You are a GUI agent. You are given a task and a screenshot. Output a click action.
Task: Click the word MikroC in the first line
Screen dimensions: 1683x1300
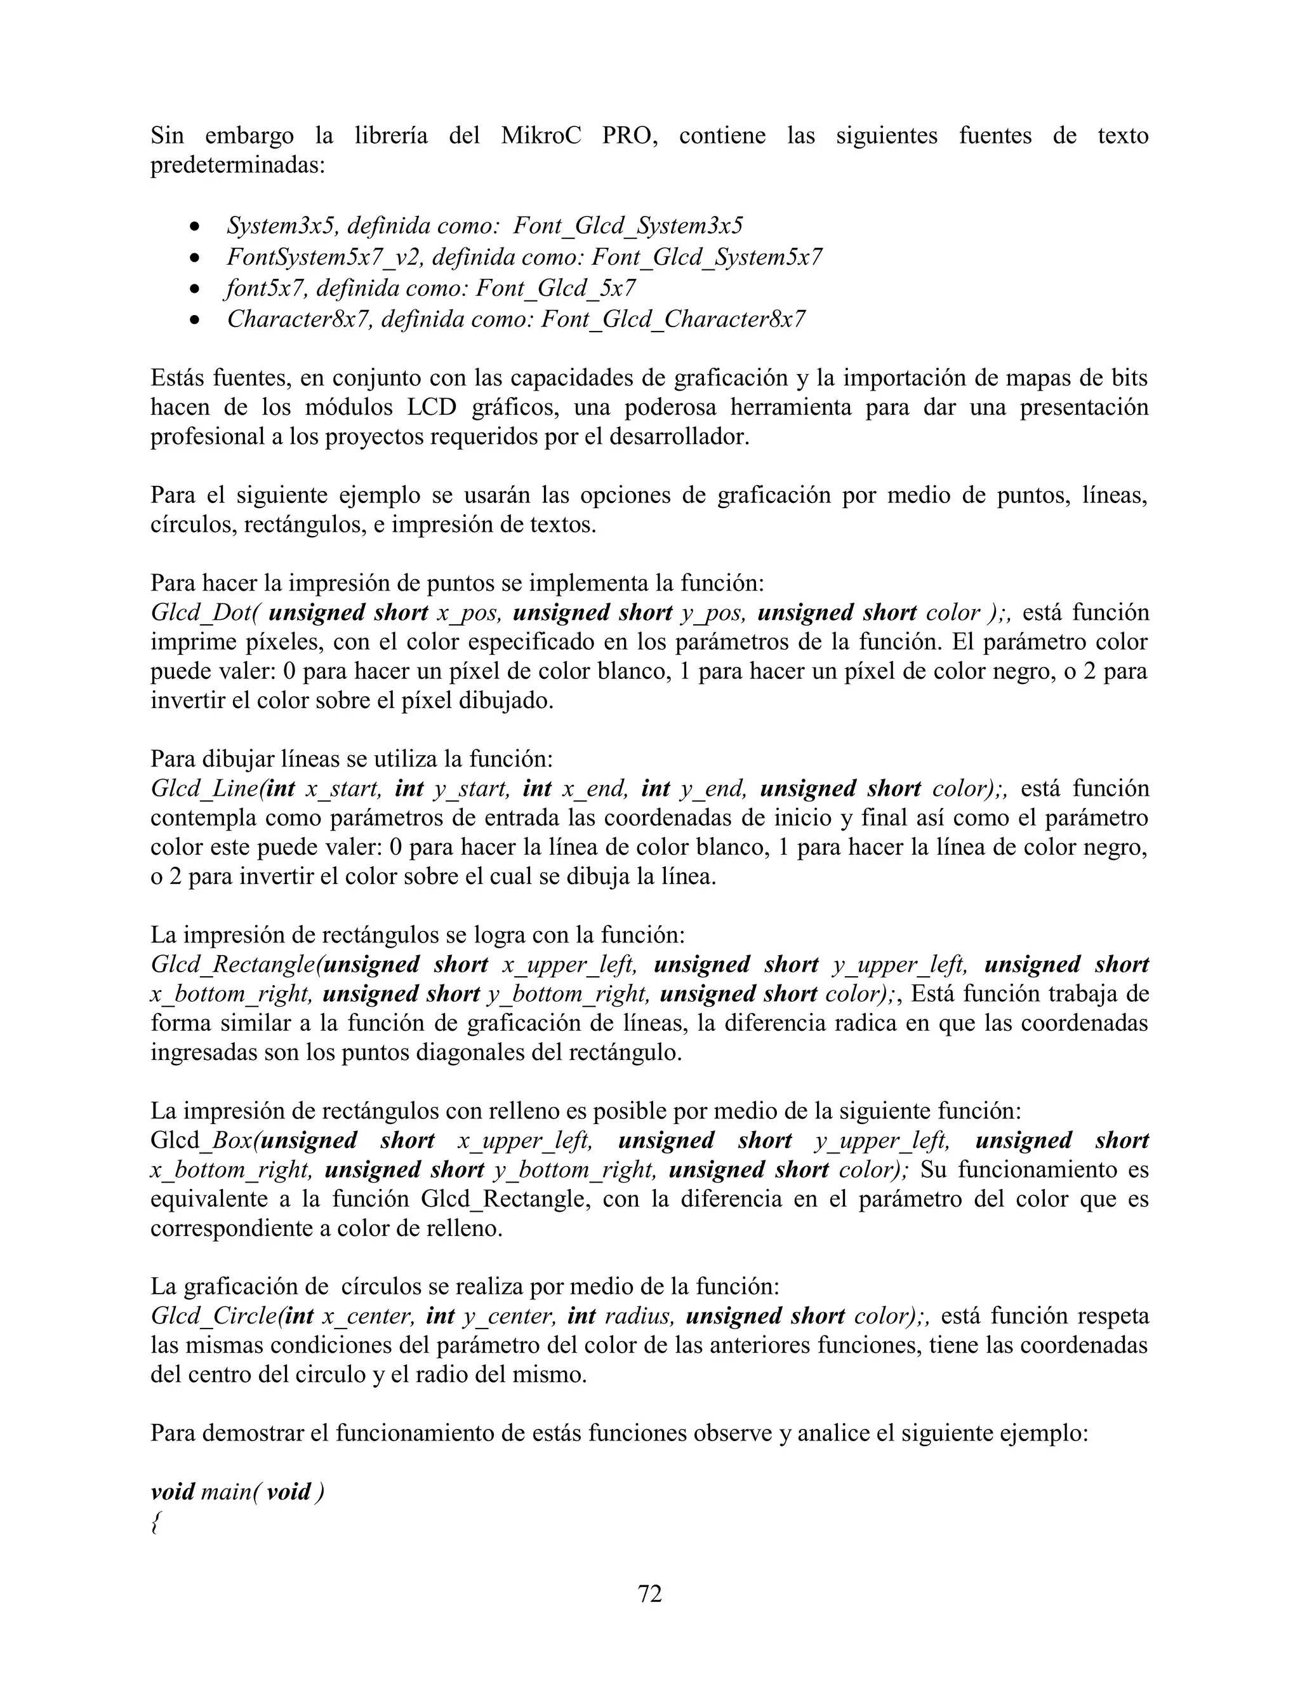pyautogui.click(x=541, y=136)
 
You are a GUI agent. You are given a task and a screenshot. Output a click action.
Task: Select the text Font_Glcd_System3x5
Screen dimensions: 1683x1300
pyautogui.click(x=628, y=226)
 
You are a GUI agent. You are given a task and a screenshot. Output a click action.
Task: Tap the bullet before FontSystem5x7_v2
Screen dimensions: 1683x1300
pyautogui.click(x=196, y=257)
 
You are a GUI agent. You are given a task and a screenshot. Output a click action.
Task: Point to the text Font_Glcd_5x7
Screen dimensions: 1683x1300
pyautogui.click(x=555, y=288)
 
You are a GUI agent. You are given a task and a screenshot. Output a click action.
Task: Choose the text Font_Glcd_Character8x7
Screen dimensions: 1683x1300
pyautogui.click(x=673, y=319)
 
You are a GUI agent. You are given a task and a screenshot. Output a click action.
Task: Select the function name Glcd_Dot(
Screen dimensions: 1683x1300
pyautogui.click(x=206, y=613)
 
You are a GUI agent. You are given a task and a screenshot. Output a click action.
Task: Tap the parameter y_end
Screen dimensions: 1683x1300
pyautogui.click(x=713, y=788)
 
